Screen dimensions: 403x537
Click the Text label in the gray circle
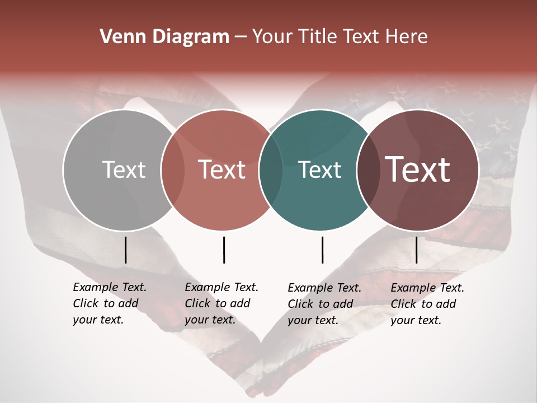124,170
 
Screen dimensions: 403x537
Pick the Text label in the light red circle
222,170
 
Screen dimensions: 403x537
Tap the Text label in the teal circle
320,170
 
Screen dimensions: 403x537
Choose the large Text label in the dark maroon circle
418,170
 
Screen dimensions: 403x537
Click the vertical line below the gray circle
126,250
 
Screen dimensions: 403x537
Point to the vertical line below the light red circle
224,250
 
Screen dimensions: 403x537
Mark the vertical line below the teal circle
322,250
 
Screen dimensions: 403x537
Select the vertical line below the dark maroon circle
417,250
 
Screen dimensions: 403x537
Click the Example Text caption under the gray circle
110,303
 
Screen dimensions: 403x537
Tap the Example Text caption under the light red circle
222,303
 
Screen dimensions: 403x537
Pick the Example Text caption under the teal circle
324,304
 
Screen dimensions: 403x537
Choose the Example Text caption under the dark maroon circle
427,304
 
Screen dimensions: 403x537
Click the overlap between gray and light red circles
172,170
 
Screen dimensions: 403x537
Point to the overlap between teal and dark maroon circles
369,170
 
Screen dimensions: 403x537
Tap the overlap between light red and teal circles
271,170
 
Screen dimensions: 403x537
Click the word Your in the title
272,37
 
